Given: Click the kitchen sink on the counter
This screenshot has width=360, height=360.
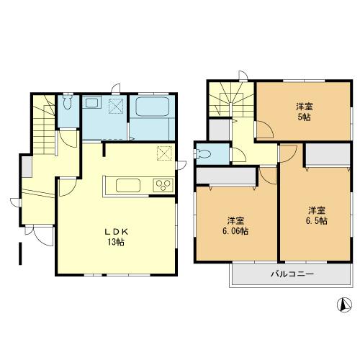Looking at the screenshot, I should click(x=130, y=186).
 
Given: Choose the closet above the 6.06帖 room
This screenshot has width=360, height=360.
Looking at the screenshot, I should click(x=225, y=175).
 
